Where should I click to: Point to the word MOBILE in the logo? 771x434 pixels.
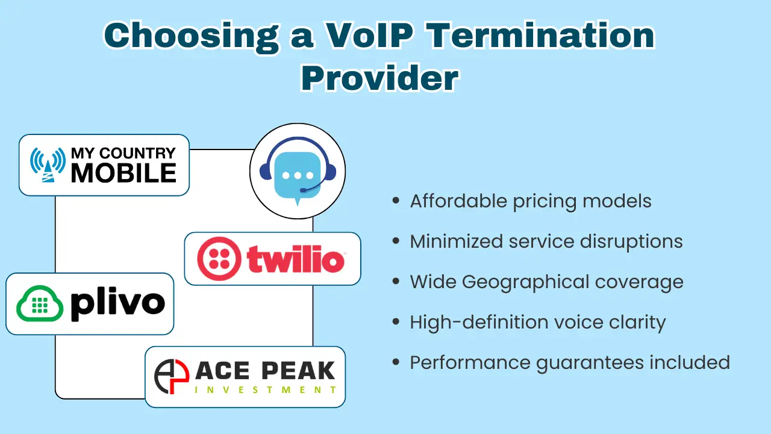tap(123, 173)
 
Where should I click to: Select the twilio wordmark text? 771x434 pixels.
tap(295, 259)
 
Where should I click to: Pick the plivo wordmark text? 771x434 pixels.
tap(117, 304)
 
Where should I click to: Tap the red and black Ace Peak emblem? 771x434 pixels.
tap(172, 377)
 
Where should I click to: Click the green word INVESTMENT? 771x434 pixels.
tap(265, 390)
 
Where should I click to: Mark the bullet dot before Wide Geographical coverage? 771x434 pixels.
tap(396, 281)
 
